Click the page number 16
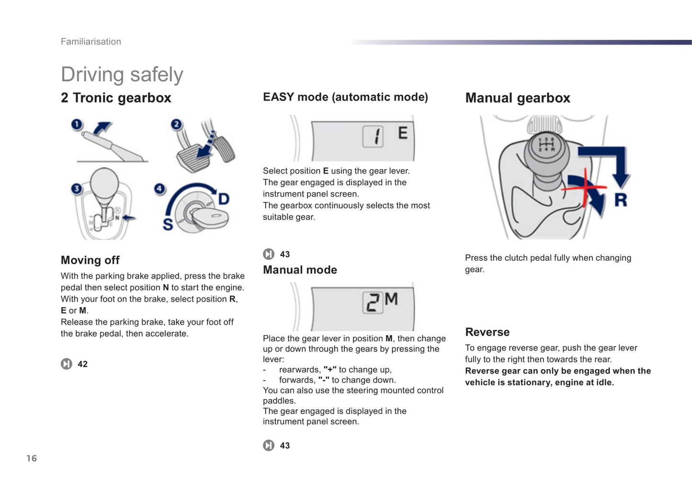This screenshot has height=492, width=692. [x=32, y=458]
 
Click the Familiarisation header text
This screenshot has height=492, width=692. [x=91, y=42]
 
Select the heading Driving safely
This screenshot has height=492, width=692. [x=122, y=75]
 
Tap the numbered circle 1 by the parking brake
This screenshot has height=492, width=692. [x=77, y=125]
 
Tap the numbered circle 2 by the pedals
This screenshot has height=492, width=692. [x=177, y=125]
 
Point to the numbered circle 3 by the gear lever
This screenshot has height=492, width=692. [x=76, y=188]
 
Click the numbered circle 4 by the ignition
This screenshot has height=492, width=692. [x=159, y=188]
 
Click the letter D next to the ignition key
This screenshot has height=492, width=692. [x=224, y=199]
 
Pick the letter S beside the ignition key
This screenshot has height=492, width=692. [x=168, y=224]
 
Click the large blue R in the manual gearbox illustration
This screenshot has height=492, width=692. [x=621, y=199]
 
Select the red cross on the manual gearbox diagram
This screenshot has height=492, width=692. [x=584, y=187]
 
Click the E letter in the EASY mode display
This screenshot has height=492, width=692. [x=403, y=133]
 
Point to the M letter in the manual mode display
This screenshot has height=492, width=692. [x=391, y=299]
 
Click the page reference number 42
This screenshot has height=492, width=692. [x=82, y=364]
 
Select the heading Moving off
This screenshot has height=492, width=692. [x=90, y=260]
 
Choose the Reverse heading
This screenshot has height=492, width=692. [x=487, y=332]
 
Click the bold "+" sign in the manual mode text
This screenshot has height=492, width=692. [x=330, y=370]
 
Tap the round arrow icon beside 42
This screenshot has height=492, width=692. [x=67, y=364]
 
